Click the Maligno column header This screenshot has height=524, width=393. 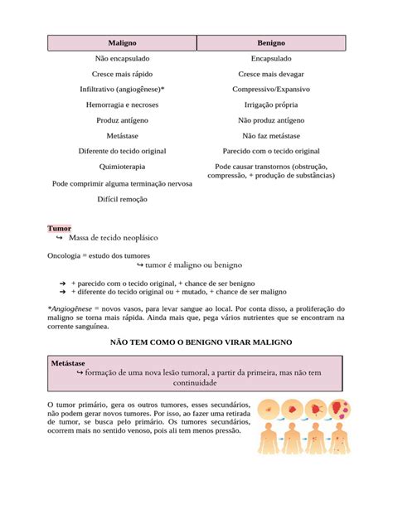coord(122,42)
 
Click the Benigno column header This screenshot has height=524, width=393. coord(271,42)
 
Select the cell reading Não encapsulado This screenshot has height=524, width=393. coord(122,59)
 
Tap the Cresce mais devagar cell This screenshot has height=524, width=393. coord(271,74)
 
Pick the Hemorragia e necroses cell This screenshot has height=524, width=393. coord(122,104)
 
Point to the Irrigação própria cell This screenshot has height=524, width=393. coord(271,104)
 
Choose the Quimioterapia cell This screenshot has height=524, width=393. coord(122,166)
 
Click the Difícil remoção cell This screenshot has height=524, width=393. coord(122,200)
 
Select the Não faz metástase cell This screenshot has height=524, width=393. coord(271,135)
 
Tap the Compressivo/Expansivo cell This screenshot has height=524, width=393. coord(271,89)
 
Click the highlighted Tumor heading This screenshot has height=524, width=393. coord(59,228)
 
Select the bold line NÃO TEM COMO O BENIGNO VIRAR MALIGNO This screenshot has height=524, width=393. coord(196,342)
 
